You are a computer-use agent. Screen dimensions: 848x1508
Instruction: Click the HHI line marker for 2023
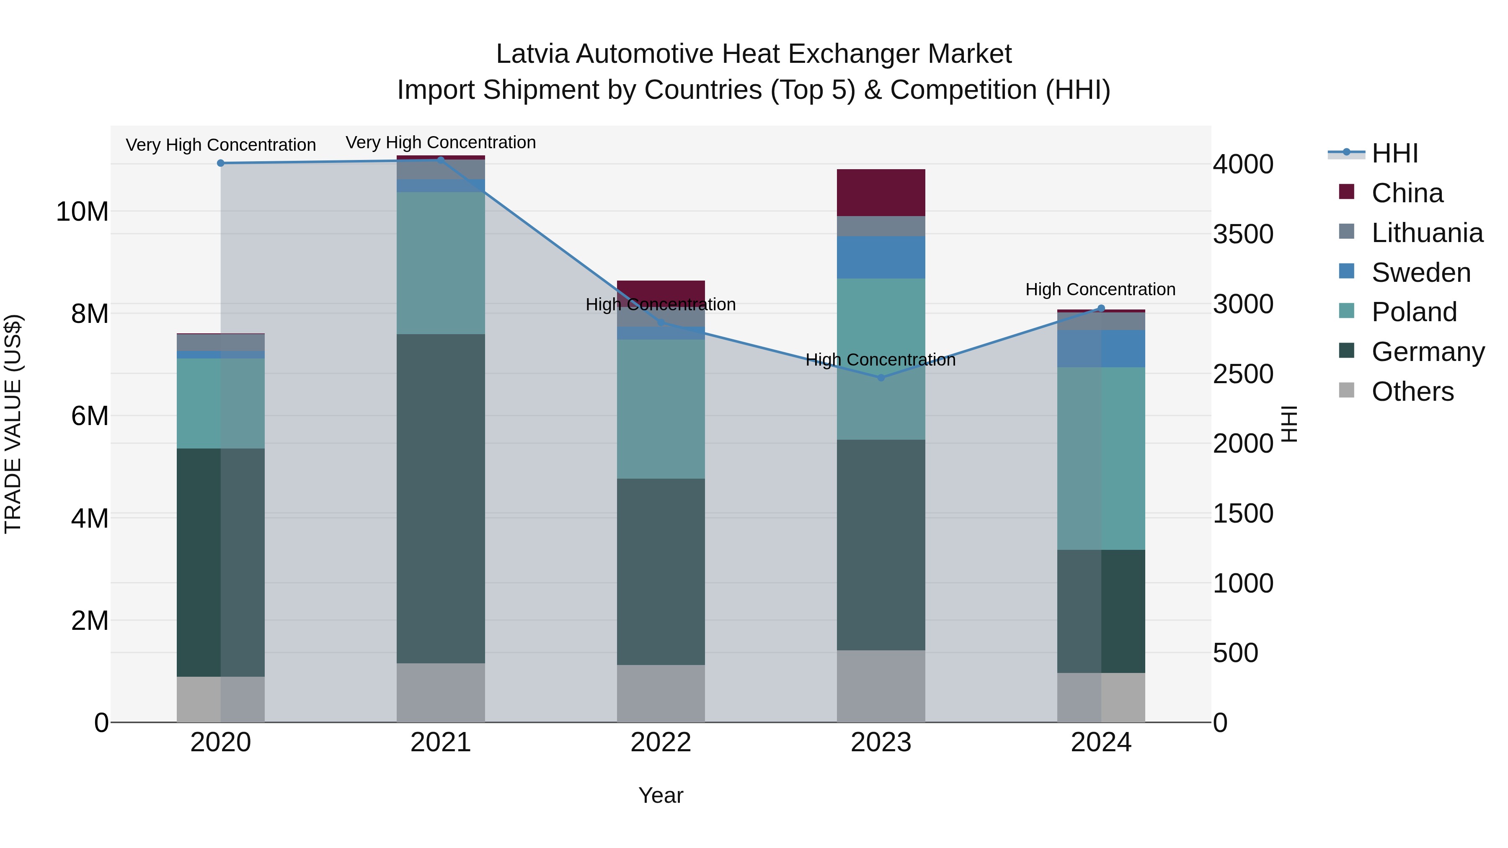click(x=881, y=377)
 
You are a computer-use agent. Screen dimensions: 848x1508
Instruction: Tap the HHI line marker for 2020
click(x=221, y=163)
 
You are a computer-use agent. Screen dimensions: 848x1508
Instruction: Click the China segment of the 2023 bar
click(x=881, y=193)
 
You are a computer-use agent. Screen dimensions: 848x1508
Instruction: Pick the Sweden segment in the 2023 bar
click(x=881, y=258)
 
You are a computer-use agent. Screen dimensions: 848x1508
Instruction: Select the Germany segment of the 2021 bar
click(x=440, y=499)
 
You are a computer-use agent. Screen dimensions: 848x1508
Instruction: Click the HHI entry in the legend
click(x=1394, y=153)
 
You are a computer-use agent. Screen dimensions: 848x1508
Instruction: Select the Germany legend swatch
click(x=1346, y=351)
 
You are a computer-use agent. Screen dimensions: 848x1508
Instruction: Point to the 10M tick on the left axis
click(x=82, y=211)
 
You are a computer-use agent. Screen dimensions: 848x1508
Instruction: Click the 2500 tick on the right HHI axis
click(x=1242, y=374)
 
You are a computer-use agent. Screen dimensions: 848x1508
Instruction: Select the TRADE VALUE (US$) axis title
click(x=13, y=424)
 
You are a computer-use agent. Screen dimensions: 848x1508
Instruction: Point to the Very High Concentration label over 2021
click(x=440, y=142)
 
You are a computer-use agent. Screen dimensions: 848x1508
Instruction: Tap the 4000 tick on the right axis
click(x=1242, y=165)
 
